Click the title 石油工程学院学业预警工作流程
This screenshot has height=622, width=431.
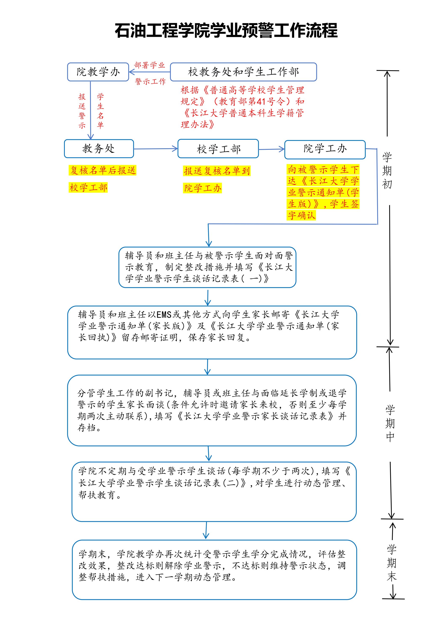226,31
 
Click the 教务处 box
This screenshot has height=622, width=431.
99,149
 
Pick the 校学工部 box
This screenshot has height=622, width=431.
218,149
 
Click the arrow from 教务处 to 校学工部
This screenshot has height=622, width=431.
156,149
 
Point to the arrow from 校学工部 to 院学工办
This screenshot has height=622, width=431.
271,149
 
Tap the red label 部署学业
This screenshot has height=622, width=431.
149,65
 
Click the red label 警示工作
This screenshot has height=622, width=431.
150,81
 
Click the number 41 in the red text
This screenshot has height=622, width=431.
261,102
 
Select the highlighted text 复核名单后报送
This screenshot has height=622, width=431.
103,170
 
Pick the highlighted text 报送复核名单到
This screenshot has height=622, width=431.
217,171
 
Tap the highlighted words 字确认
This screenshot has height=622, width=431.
301,215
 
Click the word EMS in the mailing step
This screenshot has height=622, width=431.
164,314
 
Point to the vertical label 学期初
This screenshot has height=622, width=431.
387,171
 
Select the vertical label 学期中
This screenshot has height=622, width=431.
390,423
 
